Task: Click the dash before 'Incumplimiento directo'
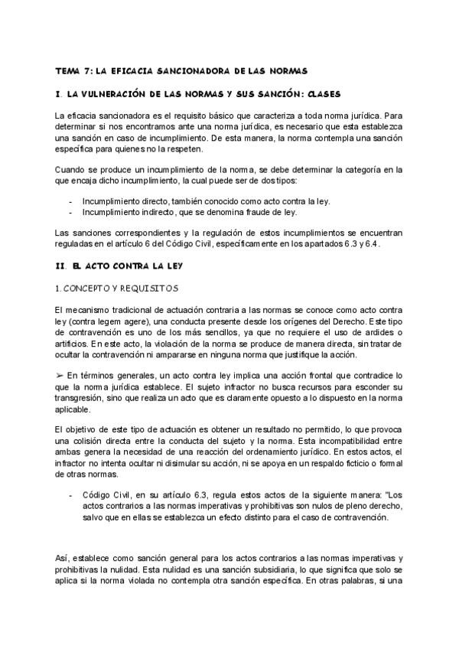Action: [x=71, y=201]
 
